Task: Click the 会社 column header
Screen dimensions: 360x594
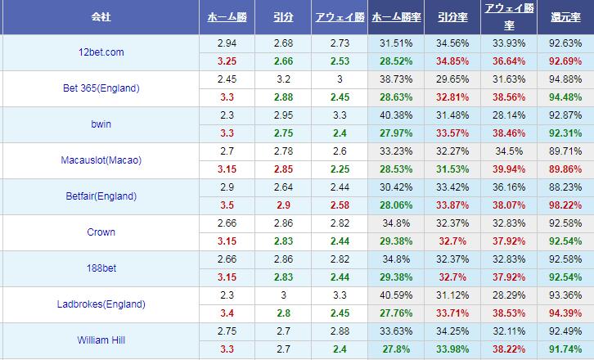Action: [x=101, y=16]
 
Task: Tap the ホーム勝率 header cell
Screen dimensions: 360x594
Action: [x=397, y=16]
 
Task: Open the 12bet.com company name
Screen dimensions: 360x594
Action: [x=101, y=52]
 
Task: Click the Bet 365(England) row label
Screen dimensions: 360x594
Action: [x=101, y=88]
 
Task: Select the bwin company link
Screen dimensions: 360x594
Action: [x=101, y=124]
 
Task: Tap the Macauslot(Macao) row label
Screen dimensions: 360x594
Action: [x=101, y=160]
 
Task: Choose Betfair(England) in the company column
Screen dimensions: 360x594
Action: [x=101, y=196]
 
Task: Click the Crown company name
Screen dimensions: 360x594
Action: [x=101, y=232]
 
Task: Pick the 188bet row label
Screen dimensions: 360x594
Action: [x=101, y=268]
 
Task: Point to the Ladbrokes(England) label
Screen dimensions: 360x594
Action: [x=101, y=304]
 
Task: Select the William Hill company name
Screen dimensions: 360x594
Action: [x=101, y=340]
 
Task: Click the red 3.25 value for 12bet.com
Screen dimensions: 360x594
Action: [x=227, y=61]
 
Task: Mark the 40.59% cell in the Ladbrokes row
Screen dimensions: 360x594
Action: [x=397, y=295]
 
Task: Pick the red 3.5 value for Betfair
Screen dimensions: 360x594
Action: [x=227, y=205]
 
